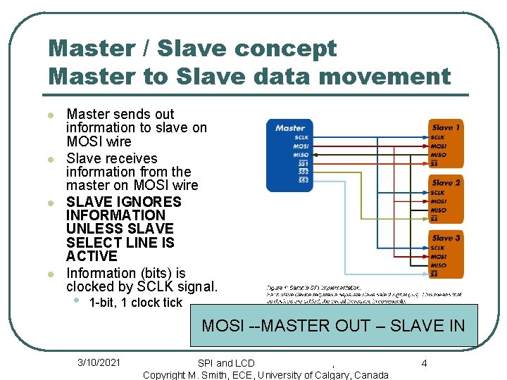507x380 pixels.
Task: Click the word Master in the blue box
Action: pos(290,128)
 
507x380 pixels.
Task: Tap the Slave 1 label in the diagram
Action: pos(446,127)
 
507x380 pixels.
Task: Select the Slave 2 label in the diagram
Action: pos(446,182)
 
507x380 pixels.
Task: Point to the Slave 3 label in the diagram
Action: pos(446,238)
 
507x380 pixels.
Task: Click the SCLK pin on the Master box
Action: pos(301,137)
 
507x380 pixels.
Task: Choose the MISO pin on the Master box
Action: pos(301,155)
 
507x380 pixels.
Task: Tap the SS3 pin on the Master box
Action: pos(303,180)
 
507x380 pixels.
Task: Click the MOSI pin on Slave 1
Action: pos(438,146)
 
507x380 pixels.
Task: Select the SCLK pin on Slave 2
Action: pos(438,192)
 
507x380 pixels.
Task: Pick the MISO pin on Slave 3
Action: pos(438,265)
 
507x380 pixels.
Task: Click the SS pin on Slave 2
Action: pos(434,219)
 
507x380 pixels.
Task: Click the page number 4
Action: pos(425,363)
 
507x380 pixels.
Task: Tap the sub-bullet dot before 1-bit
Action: pos(77,301)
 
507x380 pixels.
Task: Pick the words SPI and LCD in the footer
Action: pos(226,363)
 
